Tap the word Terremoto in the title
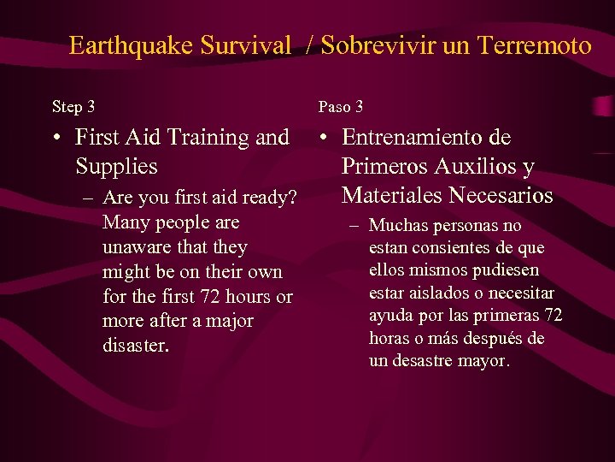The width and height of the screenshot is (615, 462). (x=530, y=45)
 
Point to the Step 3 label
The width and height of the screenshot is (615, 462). (x=73, y=107)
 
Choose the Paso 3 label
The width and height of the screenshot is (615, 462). (x=341, y=107)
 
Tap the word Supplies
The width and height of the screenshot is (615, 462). (x=116, y=165)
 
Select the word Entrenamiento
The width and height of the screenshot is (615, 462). (x=426, y=138)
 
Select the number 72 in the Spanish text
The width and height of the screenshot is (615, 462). (x=553, y=316)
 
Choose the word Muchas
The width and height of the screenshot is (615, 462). (x=398, y=227)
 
